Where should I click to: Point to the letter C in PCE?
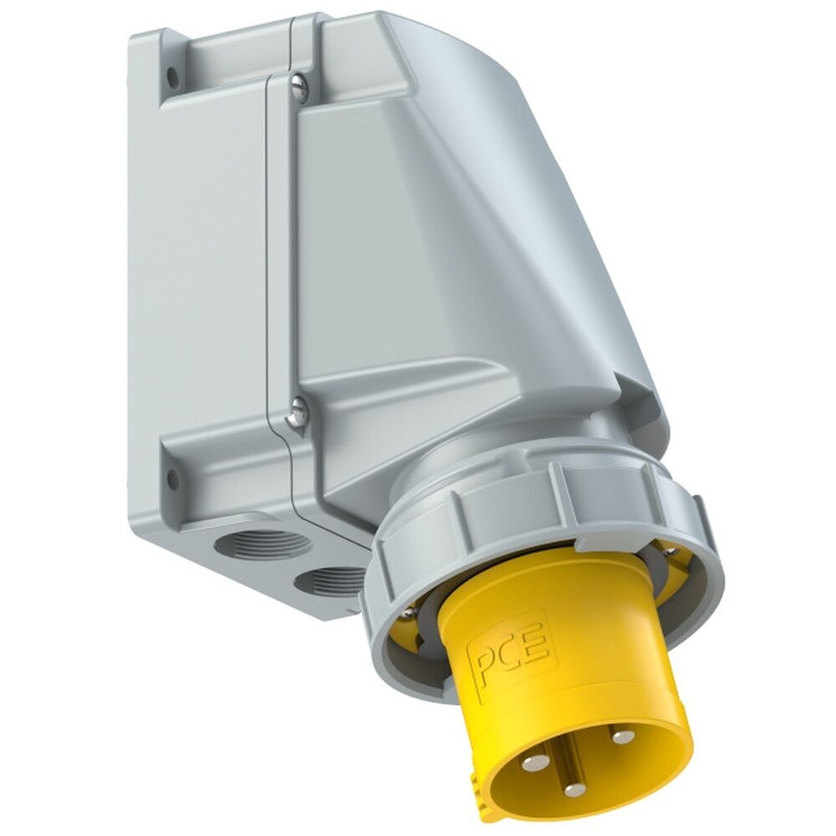[514, 652]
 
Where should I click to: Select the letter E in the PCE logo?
[538, 642]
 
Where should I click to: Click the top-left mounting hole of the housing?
[173, 76]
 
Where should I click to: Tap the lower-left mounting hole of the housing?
[172, 479]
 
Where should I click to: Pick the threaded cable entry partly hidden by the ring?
[334, 581]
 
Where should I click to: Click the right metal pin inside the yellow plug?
[621, 736]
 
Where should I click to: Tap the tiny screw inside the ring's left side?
[407, 613]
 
